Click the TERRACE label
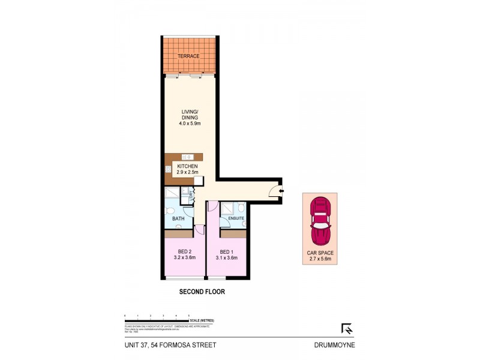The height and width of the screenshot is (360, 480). pyautogui.click(x=188, y=56)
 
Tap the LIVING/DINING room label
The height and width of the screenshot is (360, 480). pyautogui.click(x=190, y=114)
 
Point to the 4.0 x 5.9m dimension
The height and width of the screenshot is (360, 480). pyautogui.click(x=190, y=124)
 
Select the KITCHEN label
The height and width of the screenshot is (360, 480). pyautogui.click(x=187, y=166)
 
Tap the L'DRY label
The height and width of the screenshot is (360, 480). pyautogui.click(x=191, y=193)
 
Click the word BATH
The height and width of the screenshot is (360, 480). pyautogui.click(x=178, y=219)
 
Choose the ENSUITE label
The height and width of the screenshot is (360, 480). pyautogui.click(x=235, y=218)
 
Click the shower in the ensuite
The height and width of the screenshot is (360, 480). pyautogui.click(x=227, y=208)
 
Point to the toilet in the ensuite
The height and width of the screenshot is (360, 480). pyautogui.click(x=241, y=208)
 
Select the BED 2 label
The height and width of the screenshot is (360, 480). pyautogui.click(x=184, y=251)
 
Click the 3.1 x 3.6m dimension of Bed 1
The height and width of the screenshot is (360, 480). pyautogui.click(x=226, y=258)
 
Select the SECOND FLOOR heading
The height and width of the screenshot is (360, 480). pyautogui.click(x=202, y=292)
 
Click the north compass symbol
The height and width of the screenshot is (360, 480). pyautogui.click(x=346, y=328)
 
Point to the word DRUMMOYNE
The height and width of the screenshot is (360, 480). pyautogui.click(x=335, y=345)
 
